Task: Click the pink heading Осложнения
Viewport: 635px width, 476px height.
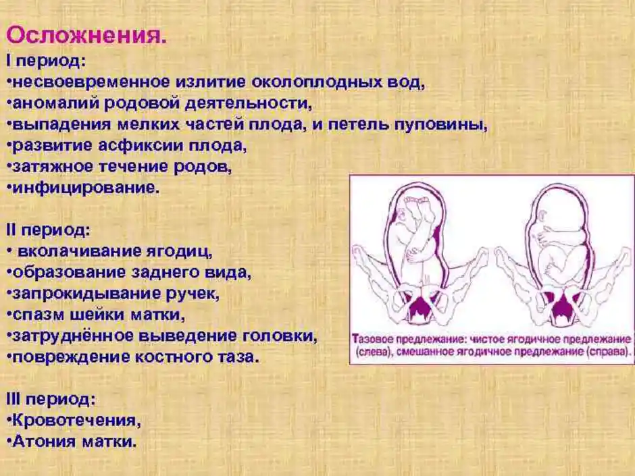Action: pyautogui.click(x=86, y=36)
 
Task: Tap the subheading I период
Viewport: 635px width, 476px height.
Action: pyautogui.click(x=46, y=61)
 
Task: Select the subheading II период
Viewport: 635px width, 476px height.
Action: pyautogui.click(x=48, y=231)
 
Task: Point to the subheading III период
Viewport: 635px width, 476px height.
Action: pyautogui.click(x=51, y=400)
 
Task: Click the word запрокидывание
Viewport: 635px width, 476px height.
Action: pyautogui.click(x=87, y=294)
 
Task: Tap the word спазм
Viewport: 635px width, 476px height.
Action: pyautogui.click(x=38, y=315)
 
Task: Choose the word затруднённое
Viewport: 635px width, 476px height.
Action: pyautogui.click(x=73, y=336)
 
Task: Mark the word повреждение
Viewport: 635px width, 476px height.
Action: pyautogui.click(x=70, y=357)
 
